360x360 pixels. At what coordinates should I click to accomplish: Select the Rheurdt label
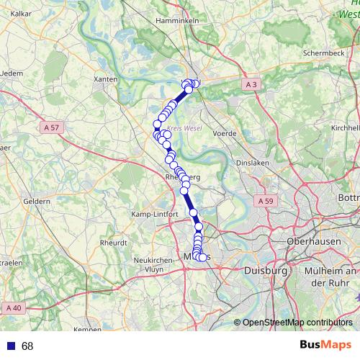pos(113,243)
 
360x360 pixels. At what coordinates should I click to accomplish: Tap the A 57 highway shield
pos(51,127)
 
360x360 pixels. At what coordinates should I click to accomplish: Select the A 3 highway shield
pos(251,85)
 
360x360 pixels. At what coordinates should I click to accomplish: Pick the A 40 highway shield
pos(16,308)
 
